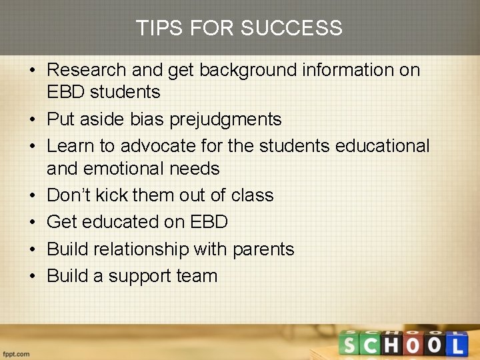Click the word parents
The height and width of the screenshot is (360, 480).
point(263,249)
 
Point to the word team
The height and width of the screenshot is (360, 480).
point(199,276)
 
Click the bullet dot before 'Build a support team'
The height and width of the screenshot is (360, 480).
point(33,277)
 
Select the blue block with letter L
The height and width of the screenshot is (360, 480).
point(457,344)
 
